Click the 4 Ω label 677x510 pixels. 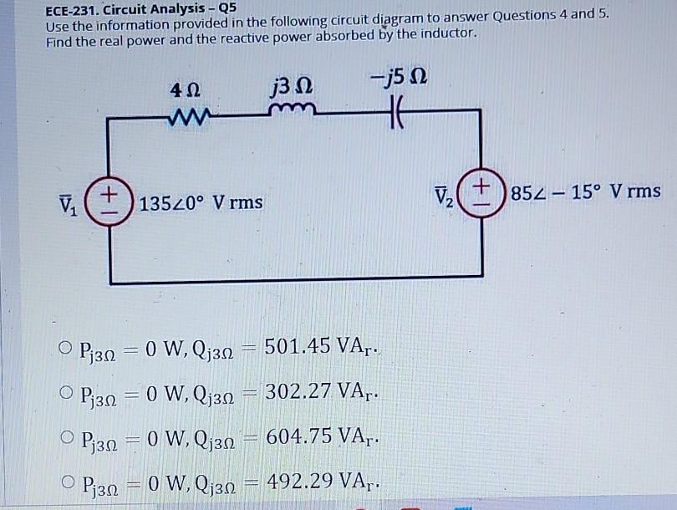(x=184, y=88)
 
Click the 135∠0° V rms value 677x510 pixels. (x=201, y=203)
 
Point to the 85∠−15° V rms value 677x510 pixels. (x=585, y=192)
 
